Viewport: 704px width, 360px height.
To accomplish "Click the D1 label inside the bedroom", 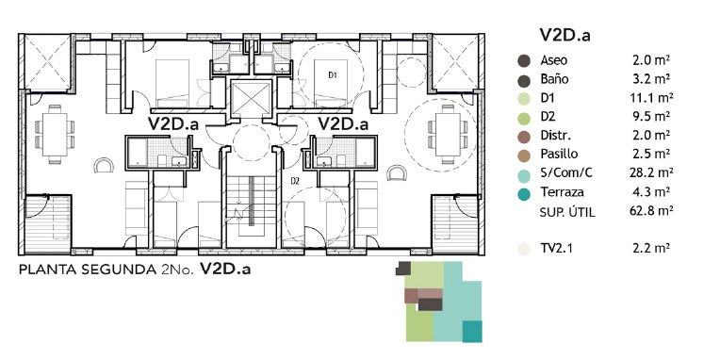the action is [333, 75].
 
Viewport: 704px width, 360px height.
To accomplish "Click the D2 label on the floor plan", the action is [295, 181].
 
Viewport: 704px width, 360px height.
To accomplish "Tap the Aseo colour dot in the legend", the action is [523, 61].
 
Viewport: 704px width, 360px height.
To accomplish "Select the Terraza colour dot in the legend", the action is [523, 193].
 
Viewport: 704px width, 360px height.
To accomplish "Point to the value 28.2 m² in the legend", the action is [650, 172].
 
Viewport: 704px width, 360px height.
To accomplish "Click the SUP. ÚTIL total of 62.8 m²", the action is [650, 210].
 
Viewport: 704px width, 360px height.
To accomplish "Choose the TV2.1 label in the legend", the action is [557, 248].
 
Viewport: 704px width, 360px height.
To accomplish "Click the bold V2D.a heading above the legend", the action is [565, 35].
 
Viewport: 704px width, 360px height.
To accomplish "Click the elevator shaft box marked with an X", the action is [251, 99].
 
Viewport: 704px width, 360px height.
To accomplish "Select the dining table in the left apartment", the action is [55, 134].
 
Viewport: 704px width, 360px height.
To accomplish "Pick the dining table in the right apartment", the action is [447, 134].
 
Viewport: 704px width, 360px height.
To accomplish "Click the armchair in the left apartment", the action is [104, 165].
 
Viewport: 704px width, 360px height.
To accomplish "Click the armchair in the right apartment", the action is [397, 172].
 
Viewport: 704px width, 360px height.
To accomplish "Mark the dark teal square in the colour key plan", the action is [472, 332].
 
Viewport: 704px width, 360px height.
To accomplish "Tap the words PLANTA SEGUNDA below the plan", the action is [88, 270].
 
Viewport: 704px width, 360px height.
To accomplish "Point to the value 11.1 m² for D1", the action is [650, 97].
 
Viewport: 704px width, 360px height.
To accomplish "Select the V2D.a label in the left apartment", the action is [172, 123].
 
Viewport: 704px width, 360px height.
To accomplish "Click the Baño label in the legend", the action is [554, 79].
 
